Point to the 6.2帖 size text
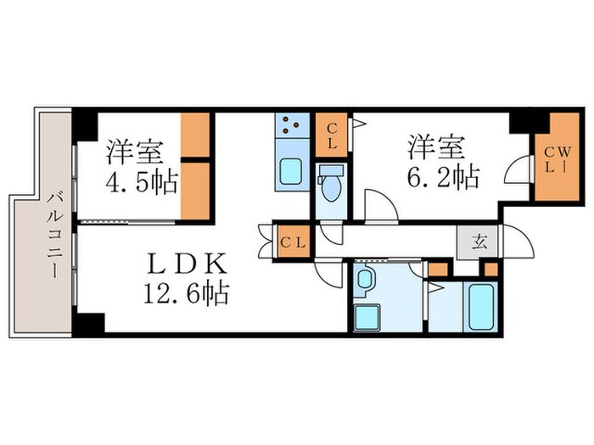442,178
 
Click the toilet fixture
329,183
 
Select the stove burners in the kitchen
290,127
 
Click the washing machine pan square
370,317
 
